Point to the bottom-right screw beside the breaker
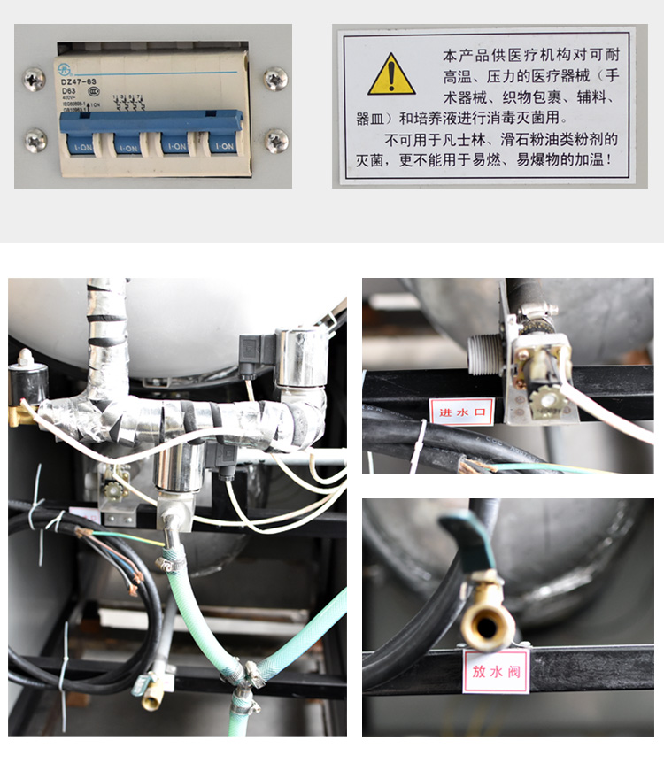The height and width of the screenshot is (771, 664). pos(276,140)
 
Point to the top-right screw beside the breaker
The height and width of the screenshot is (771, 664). pos(275,79)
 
